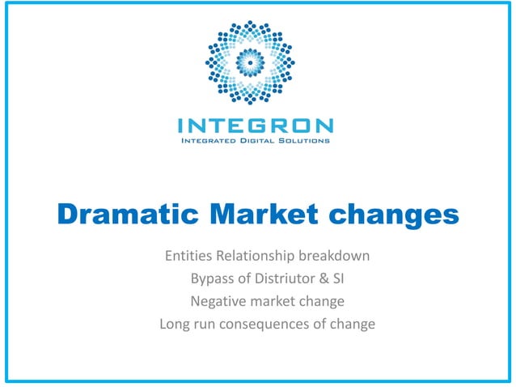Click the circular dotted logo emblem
(254, 63)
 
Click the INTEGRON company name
(255, 125)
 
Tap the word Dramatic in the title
(118, 215)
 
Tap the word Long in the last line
(175, 325)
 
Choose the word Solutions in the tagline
(304, 141)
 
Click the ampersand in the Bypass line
(322, 279)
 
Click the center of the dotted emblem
(254, 63)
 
